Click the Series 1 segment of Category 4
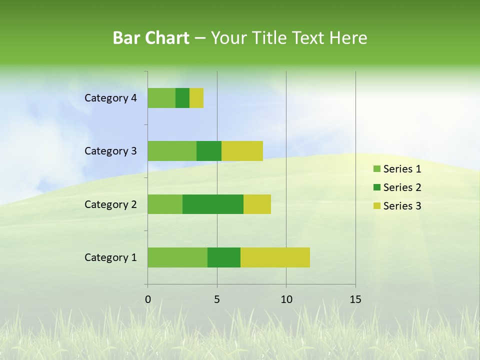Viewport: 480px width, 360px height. [x=161, y=98]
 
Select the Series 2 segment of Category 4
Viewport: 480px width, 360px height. [x=182, y=98]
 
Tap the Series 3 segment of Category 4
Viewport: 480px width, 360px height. [x=196, y=98]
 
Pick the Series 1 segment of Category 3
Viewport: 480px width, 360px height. [x=172, y=151]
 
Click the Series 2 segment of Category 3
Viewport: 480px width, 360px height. [x=209, y=151]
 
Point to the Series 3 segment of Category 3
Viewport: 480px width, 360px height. [x=242, y=151]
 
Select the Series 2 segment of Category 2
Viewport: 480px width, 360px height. [x=213, y=204]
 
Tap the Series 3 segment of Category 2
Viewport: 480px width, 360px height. [x=257, y=204]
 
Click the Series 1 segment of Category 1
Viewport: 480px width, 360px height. [x=177, y=257]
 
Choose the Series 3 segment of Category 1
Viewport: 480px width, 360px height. [x=275, y=257]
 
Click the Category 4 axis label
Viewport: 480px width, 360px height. [x=110, y=98]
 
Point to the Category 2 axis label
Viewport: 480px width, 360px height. [x=110, y=204]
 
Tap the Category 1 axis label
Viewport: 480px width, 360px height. [x=110, y=257]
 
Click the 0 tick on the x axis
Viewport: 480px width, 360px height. [x=148, y=299]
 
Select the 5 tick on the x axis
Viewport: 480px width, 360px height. [x=217, y=299]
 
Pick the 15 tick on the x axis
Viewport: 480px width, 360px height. [x=355, y=299]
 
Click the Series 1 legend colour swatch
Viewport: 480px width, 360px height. [x=376, y=169]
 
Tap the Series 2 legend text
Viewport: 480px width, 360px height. [x=402, y=187]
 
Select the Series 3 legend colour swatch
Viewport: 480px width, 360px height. [x=376, y=206]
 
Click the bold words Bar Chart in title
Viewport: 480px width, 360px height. [x=151, y=37]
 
